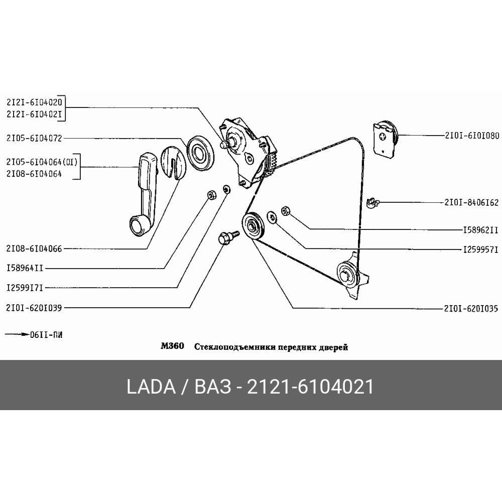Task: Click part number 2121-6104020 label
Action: pyautogui.click(x=34, y=101)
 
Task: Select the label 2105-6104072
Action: pyautogui.click(x=34, y=138)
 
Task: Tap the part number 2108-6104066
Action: pyautogui.click(x=34, y=248)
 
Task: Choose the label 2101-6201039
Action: pyautogui.click(x=34, y=308)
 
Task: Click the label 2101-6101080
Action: pyautogui.click(x=471, y=135)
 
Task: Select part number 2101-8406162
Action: pyautogui.click(x=471, y=202)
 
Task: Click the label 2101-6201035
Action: pyautogui.click(x=471, y=308)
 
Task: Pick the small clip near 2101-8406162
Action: pyautogui.click(x=371, y=202)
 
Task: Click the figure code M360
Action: pyautogui.click(x=172, y=346)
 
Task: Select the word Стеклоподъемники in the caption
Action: pyautogui.click(x=225, y=347)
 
